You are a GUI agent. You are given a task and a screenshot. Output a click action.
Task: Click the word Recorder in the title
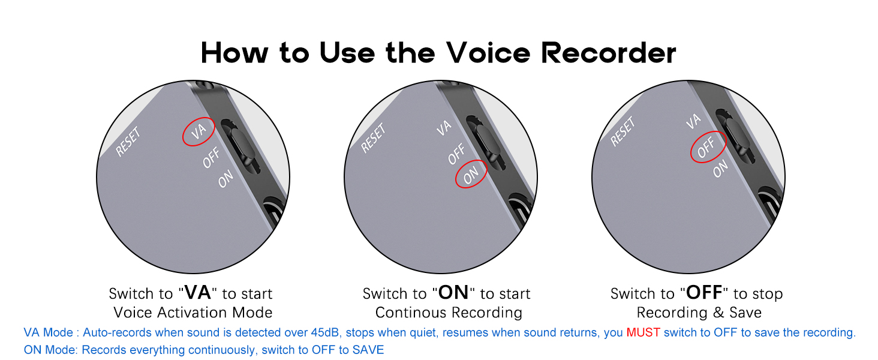pos(608,53)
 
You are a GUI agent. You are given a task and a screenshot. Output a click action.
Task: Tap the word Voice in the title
pos(488,53)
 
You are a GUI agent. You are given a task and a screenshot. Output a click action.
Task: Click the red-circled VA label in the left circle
pos(199,131)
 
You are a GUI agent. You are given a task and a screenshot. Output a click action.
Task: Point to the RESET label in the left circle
pos(128,141)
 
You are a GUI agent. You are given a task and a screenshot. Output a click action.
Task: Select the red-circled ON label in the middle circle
pos(471,175)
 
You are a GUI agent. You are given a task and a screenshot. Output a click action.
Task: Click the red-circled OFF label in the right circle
pos(706,147)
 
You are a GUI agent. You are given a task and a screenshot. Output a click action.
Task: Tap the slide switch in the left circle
pos(240,146)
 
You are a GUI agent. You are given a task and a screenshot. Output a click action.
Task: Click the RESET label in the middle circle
pos(373,137)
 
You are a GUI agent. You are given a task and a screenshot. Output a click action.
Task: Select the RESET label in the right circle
pos(623,131)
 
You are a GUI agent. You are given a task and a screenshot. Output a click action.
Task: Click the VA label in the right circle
pos(693,121)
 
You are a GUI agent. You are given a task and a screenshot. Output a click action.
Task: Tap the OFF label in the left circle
pos(211,158)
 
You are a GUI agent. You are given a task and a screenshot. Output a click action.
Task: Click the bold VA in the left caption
pos(197,293)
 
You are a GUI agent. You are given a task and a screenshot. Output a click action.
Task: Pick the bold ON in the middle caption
pos(453,293)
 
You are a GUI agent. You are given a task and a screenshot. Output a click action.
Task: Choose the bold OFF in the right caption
pos(704,293)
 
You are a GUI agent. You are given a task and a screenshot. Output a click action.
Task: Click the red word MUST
pos(644,332)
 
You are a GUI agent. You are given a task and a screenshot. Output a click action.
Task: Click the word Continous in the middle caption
pos(410,313)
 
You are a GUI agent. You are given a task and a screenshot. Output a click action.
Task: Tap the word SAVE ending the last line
pos(368,350)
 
